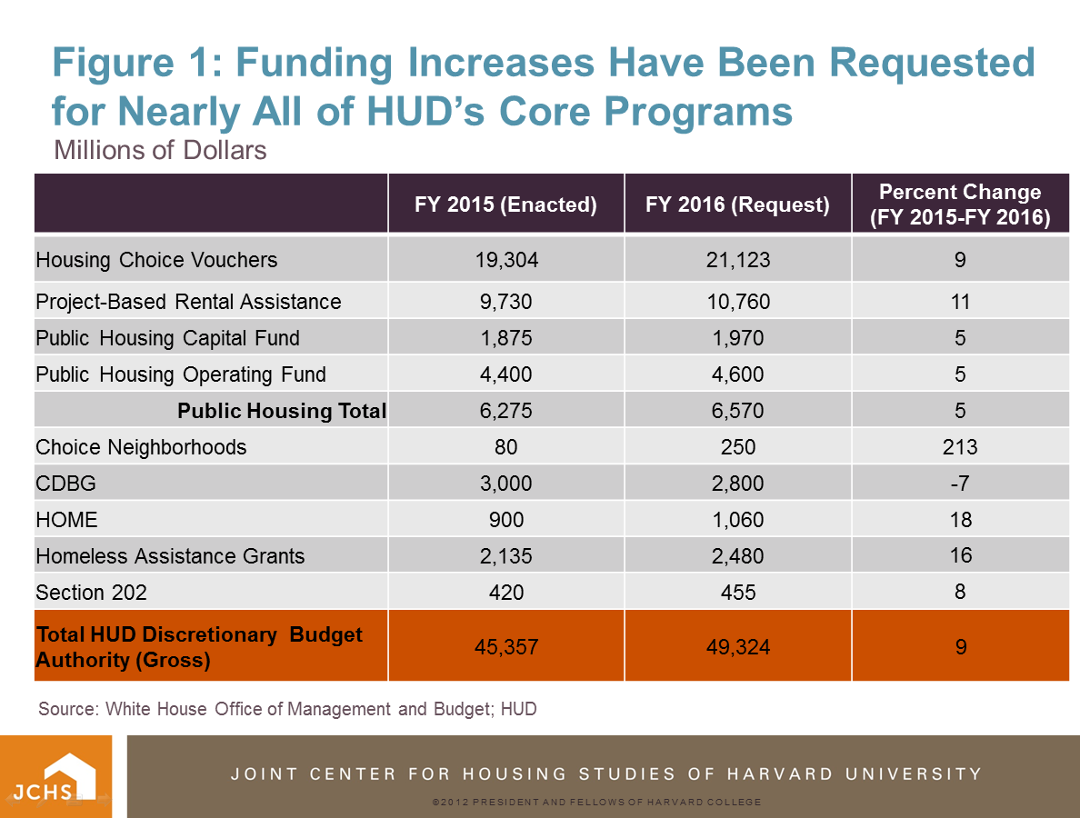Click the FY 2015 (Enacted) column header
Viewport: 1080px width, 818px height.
point(505,204)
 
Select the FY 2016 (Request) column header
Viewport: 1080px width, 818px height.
point(737,204)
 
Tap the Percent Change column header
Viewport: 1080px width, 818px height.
point(960,204)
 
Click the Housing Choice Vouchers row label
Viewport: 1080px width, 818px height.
point(156,260)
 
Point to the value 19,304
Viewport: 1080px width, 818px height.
point(506,260)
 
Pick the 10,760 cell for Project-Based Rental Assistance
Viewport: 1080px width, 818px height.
point(737,302)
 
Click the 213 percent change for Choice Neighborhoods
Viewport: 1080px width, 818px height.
point(960,447)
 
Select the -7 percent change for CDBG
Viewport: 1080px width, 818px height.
point(960,484)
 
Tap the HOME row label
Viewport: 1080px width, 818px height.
point(66,520)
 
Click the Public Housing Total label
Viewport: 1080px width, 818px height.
point(282,411)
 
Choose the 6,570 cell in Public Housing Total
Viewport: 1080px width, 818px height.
point(737,411)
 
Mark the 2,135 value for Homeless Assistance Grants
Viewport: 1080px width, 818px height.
point(506,556)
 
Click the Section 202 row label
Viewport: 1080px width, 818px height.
point(91,593)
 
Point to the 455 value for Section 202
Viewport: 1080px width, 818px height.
point(737,593)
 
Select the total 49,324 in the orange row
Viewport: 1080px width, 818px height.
point(737,647)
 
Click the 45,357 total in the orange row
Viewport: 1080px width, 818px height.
point(506,647)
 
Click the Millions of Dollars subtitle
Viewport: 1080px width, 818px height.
point(161,149)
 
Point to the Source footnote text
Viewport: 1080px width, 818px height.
point(287,709)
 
